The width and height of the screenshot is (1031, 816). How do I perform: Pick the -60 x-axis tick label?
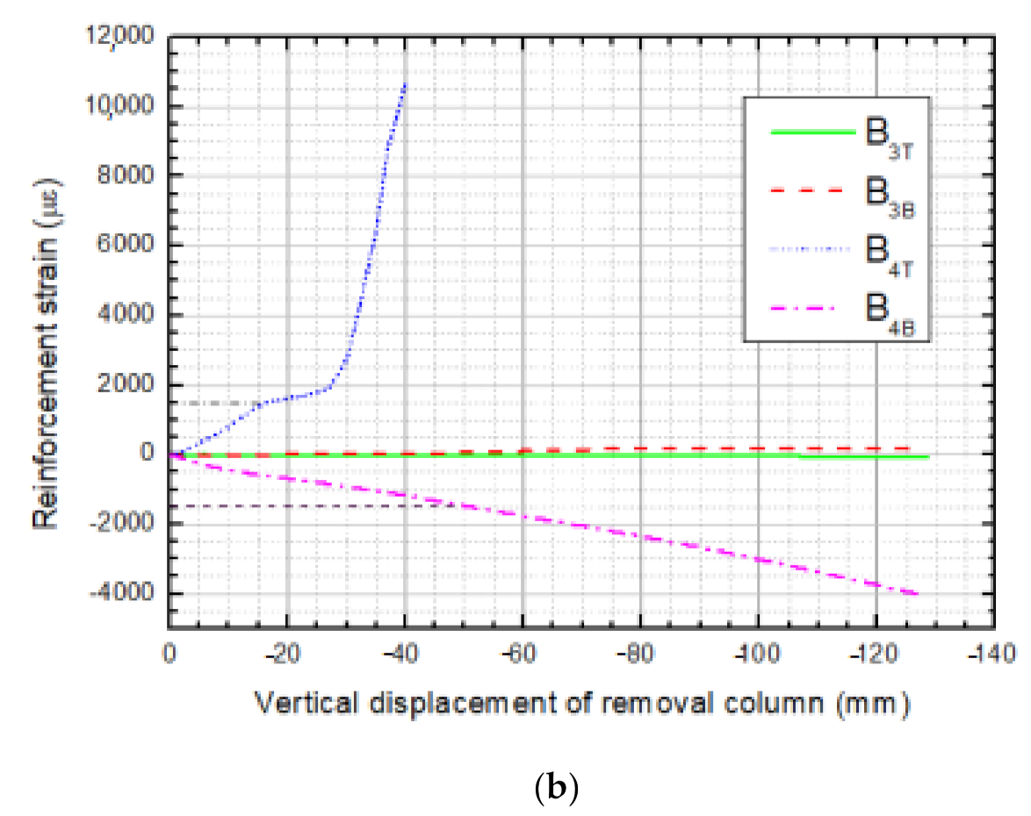pyautogui.click(x=523, y=654)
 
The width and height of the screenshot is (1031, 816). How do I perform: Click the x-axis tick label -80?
pyautogui.click(x=640, y=654)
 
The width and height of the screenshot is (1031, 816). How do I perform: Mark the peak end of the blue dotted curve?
pyautogui.click(x=405, y=83)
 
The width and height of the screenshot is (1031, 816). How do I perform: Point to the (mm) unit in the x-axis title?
pyautogui.click(x=870, y=703)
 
